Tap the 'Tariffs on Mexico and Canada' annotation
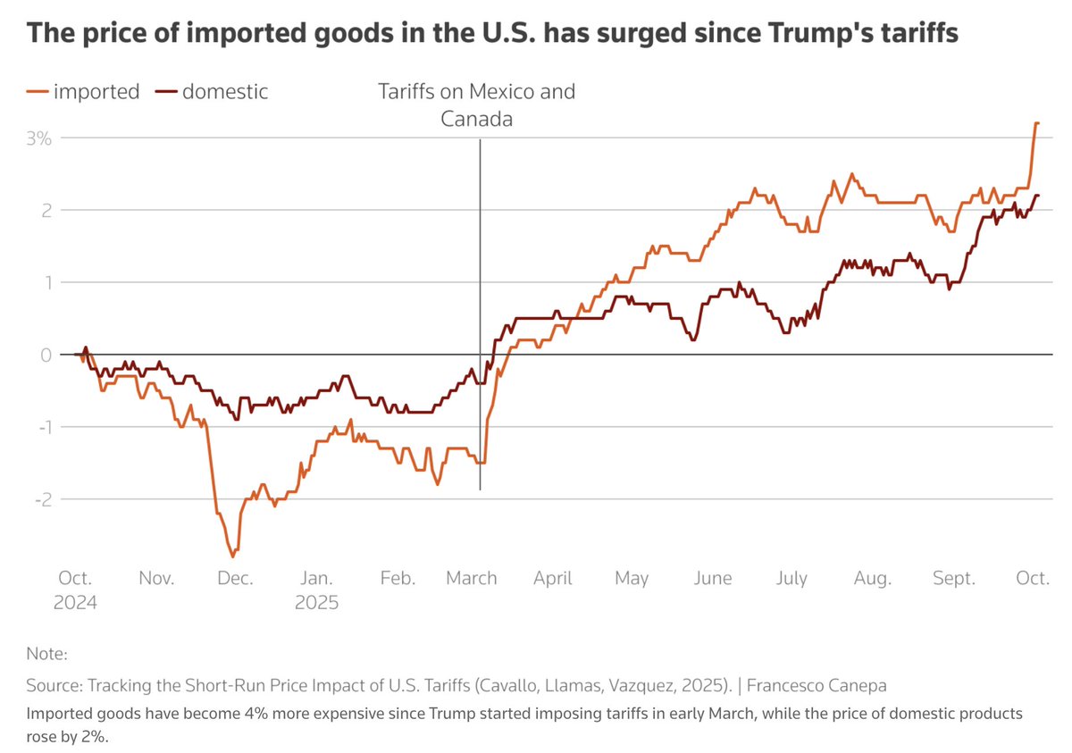click(x=476, y=105)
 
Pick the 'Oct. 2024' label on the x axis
click(x=75, y=590)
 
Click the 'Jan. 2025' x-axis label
click(x=317, y=590)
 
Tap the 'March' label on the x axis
click(x=472, y=578)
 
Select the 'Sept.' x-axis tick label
click(x=954, y=578)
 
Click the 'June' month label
click(x=712, y=578)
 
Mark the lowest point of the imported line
click(x=234, y=556)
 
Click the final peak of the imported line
click(x=1036, y=123)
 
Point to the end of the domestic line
click(x=1038, y=195)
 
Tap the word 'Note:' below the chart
click(x=46, y=654)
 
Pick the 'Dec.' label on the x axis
click(x=236, y=578)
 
